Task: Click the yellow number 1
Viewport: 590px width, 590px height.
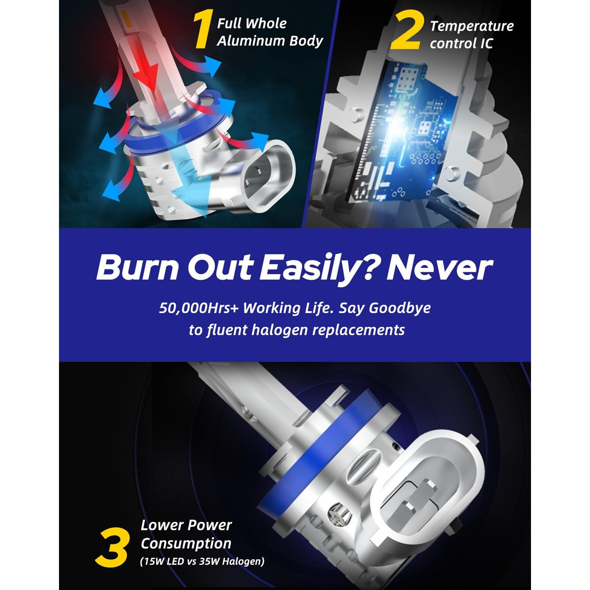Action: (203, 29)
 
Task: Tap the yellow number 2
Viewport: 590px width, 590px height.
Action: (407, 30)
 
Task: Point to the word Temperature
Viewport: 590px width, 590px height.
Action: (472, 26)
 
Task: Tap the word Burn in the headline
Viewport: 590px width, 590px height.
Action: (138, 268)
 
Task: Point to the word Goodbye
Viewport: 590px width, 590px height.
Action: (400, 308)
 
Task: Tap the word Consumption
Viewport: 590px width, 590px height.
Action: (186, 543)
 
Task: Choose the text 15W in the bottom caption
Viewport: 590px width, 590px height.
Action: (155, 561)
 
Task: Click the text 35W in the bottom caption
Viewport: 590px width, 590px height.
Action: (209, 561)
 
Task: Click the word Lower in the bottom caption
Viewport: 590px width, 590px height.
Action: (161, 525)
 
